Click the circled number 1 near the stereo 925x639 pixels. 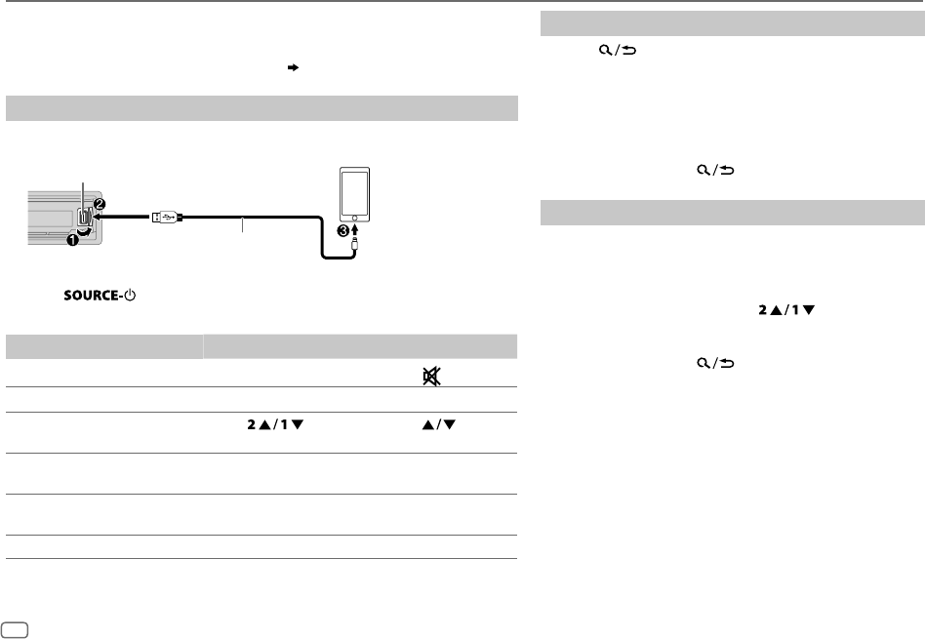72,240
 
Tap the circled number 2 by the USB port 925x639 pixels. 100,204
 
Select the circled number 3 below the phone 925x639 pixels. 342,231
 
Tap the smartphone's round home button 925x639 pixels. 354,218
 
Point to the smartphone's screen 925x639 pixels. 354,192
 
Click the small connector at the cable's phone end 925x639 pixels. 354,243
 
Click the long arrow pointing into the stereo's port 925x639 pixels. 122,218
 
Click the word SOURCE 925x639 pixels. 92,295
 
